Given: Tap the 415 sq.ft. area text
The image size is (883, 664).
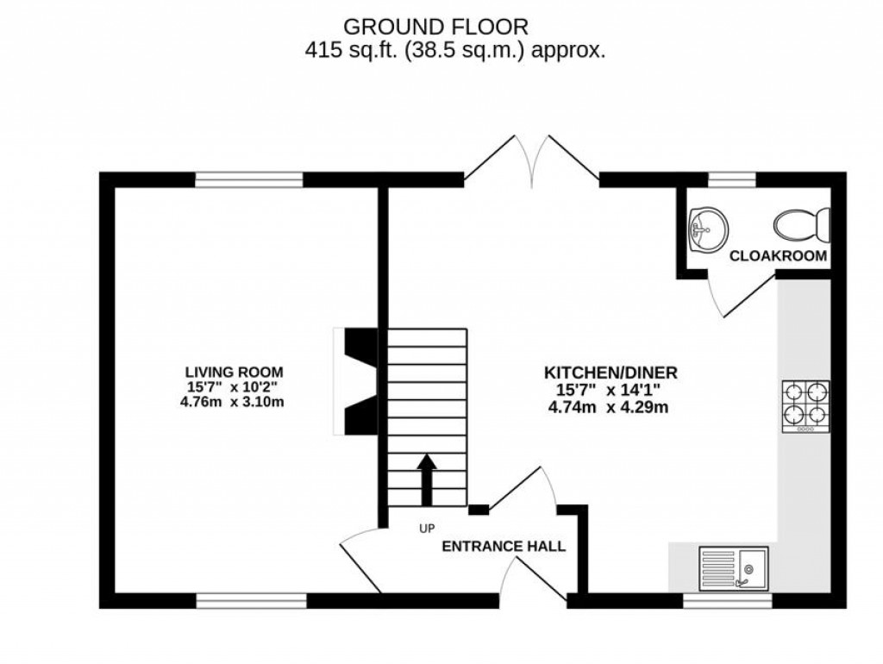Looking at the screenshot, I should point(455,50).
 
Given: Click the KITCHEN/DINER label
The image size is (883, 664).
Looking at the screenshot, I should point(610,373).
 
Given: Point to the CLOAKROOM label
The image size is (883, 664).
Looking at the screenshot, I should point(779,256).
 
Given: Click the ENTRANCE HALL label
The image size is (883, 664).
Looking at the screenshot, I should point(504,546).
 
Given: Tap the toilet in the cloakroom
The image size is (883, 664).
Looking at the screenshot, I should point(802,226).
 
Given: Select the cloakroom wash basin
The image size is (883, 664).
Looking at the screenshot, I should point(707,229).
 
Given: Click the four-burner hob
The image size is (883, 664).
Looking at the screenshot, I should point(805,406).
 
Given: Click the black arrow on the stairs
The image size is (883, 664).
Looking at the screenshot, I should point(427,480).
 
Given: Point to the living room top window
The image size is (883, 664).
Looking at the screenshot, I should point(249,179).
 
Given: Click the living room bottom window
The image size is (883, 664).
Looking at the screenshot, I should point(251,600).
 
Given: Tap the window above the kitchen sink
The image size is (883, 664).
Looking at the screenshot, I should point(716,600).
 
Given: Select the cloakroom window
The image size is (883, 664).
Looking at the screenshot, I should point(732,179).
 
